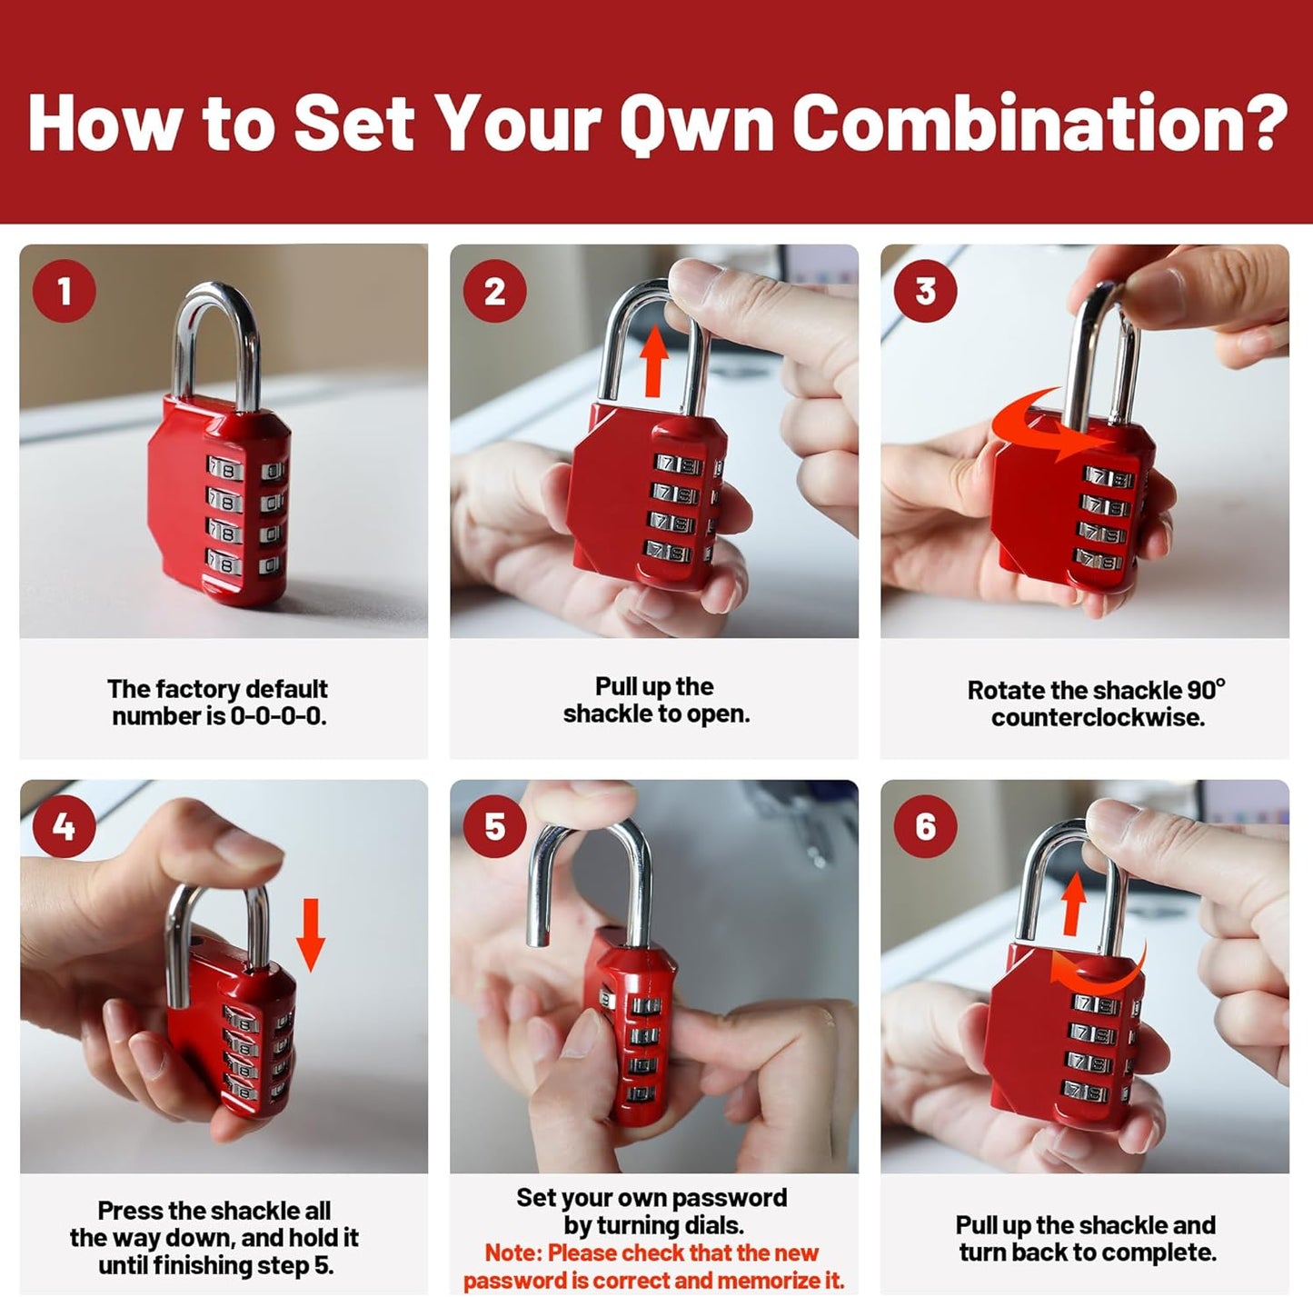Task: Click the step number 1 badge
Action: [x=64, y=291]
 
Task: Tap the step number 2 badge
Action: [x=494, y=291]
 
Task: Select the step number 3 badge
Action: [x=925, y=291]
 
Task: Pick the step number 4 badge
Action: [x=64, y=826]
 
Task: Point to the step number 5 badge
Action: [x=494, y=826]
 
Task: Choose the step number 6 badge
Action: [x=925, y=826]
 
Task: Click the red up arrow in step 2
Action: [x=652, y=363]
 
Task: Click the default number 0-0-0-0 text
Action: [x=278, y=716]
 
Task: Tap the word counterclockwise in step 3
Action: [x=1098, y=717]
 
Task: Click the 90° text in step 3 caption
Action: [x=1205, y=689]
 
